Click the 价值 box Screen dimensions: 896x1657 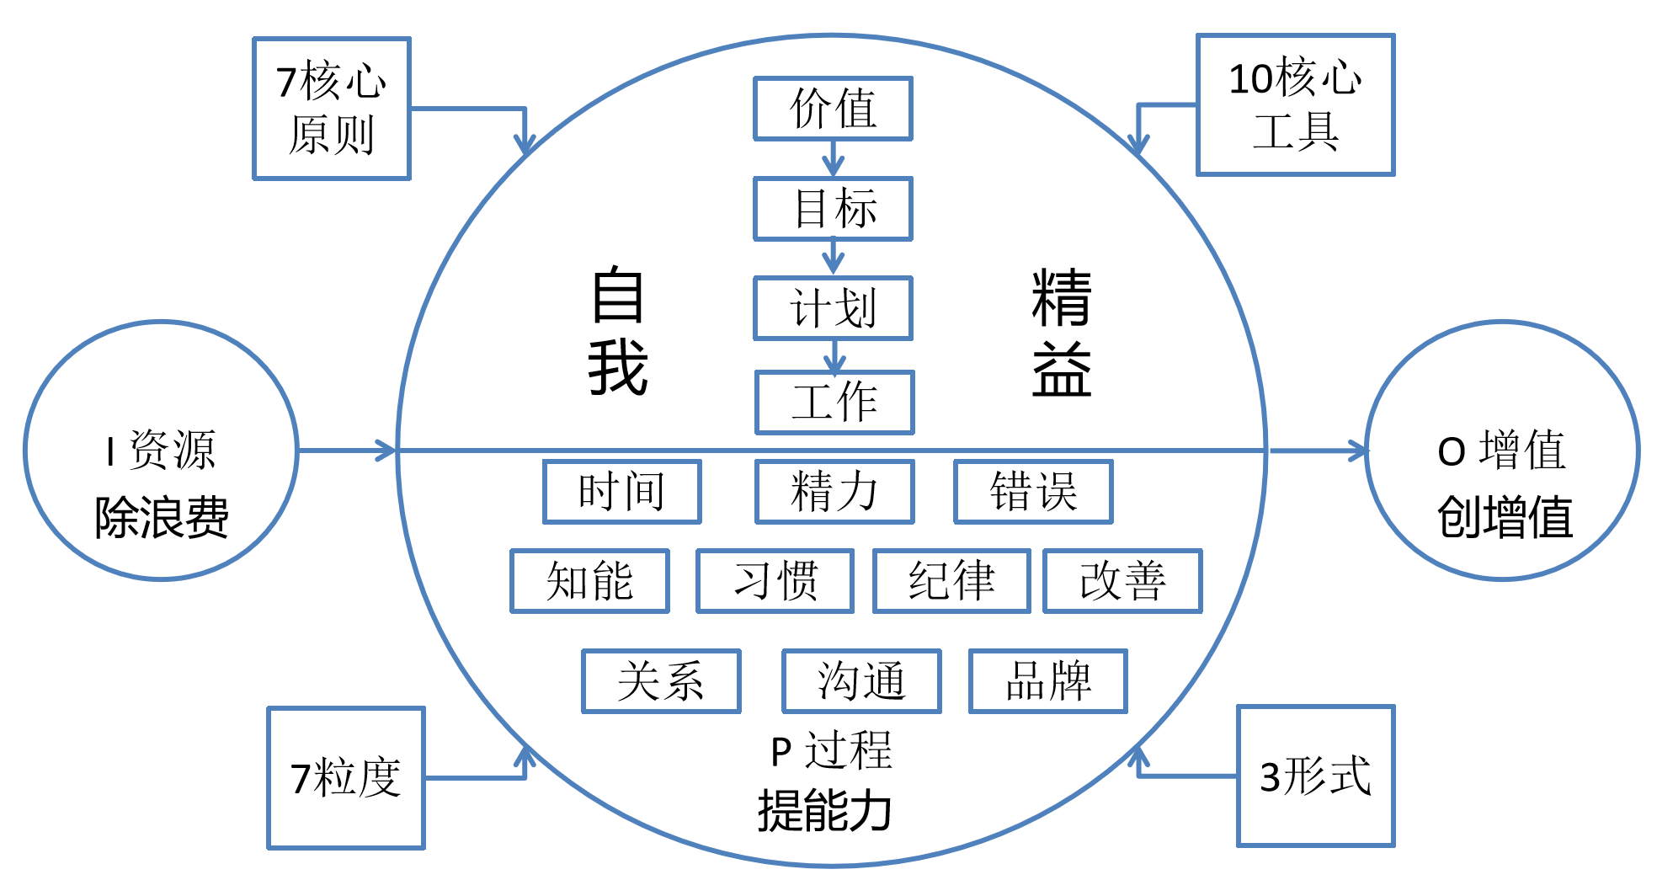pos(833,109)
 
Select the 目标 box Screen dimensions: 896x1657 pos(833,209)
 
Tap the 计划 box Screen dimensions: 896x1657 pos(833,308)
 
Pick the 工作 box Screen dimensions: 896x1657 pos(834,403)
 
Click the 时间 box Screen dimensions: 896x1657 pos(621,492)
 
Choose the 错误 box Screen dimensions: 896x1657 pos(1033,492)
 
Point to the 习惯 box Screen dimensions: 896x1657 pos(775,581)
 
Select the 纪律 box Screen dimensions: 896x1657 pos(951,581)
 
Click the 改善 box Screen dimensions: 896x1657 pos(1122,581)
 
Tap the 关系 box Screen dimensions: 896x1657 pos(661,681)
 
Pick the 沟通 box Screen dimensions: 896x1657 pos(861,681)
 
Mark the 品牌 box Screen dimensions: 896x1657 pos(1048,681)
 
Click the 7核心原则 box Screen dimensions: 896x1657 pos(332,109)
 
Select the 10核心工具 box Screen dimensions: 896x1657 pos(1295,105)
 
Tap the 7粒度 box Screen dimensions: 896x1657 pos(346,778)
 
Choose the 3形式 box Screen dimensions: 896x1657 pos(1315,776)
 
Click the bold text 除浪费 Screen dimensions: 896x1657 pos(162,517)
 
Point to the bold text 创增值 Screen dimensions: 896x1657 pos(1505,517)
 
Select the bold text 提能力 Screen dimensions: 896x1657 pos(824,811)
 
